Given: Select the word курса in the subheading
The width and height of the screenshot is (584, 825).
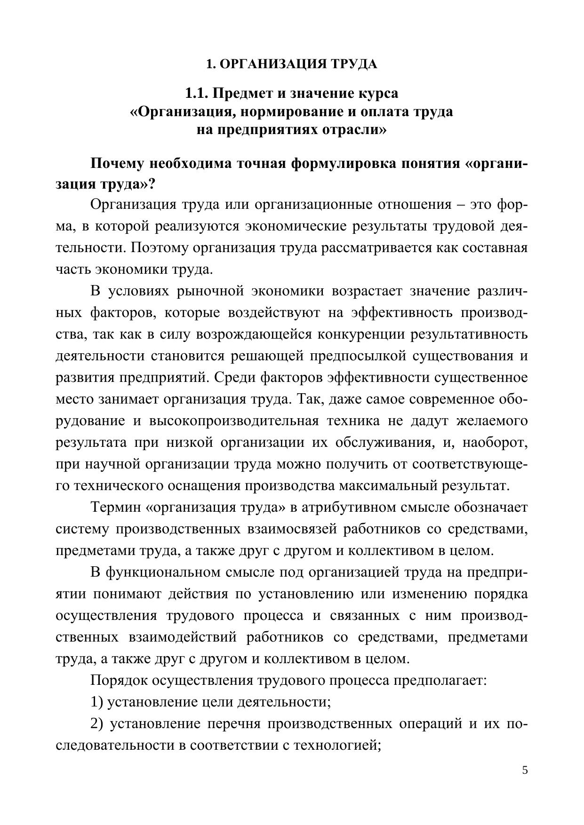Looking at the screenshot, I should point(378,93).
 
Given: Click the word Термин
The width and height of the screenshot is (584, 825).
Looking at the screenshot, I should point(116,507).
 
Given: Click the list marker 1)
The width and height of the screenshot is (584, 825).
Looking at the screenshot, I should point(96,702).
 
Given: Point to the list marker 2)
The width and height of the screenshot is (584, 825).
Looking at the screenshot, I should point(96,723).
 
